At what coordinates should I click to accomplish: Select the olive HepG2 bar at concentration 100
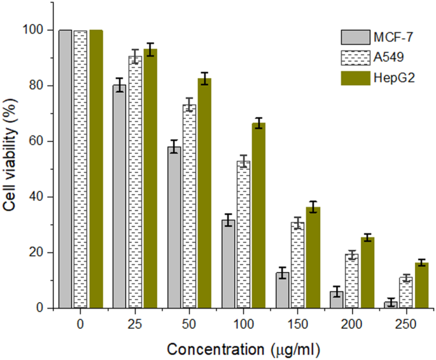[258, 216]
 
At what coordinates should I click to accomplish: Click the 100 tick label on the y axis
[36, 30]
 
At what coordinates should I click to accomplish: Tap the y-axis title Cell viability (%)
[11, 169]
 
